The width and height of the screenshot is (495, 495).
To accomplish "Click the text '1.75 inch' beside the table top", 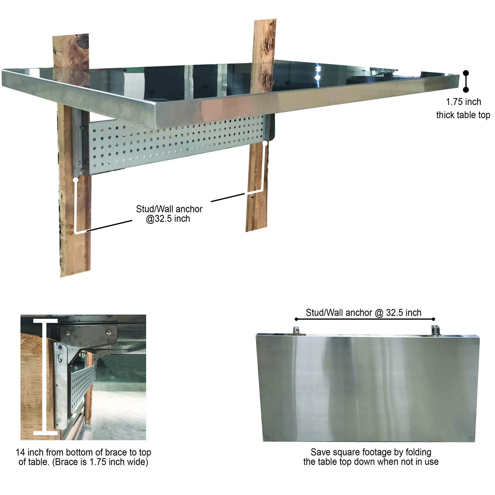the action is (x=463, y=102).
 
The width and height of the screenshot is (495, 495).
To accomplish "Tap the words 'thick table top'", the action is (x=463, y=115).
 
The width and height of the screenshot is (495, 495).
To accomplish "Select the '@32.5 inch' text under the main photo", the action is (x=168, y=219).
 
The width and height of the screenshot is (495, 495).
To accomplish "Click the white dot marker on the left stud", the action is (x=76, y=180).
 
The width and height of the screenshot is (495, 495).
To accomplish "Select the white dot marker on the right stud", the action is (x=265, y=144).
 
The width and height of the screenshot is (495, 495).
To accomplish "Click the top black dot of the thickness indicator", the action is (x=466, y=73).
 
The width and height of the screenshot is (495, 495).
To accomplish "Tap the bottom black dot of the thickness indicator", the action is (x=466, y=89).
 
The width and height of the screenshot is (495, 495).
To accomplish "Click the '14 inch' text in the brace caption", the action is (x=30, y=452).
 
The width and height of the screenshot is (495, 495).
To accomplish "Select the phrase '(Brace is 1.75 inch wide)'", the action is (x=100, y=462).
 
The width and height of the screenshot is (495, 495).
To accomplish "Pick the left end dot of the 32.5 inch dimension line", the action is (x=296, y=319).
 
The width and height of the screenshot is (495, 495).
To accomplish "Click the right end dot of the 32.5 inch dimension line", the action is (x=433, y=319).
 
